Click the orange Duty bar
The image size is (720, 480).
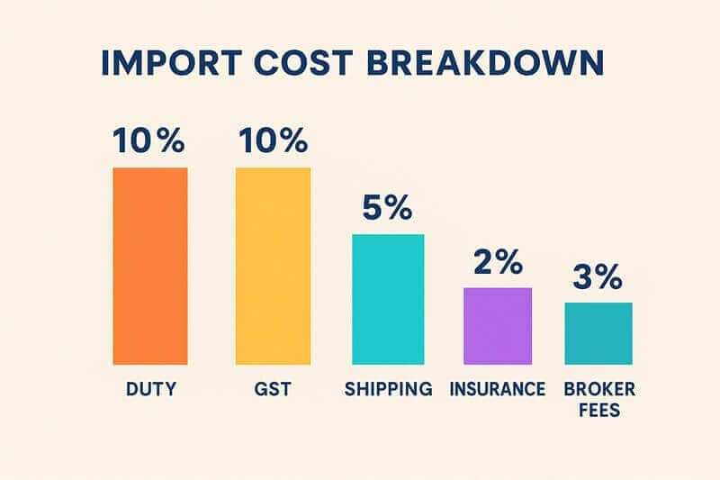click(149, 266)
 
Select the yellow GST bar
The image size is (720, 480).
click(273, 266)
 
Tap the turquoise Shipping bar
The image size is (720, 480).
click(387, 299)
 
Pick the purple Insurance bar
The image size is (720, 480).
click(498, 326)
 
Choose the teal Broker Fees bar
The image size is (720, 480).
click(598, 333)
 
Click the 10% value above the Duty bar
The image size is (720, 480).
click(149, 143)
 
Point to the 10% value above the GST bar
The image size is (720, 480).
click(273, 143)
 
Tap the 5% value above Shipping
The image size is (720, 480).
click(387, 208)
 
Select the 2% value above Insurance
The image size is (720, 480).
click(498, 263)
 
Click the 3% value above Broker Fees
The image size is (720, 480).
click(598, 278)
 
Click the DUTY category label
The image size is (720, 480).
click(149, 390)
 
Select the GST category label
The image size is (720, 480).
click(273, 390)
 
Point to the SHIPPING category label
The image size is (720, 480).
click(388, 390)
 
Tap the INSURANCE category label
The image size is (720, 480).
click(498, 390)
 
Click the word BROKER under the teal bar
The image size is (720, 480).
click(598, 390)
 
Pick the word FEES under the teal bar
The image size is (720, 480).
click(598, 411)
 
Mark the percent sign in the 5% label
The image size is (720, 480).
click(400, 208)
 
